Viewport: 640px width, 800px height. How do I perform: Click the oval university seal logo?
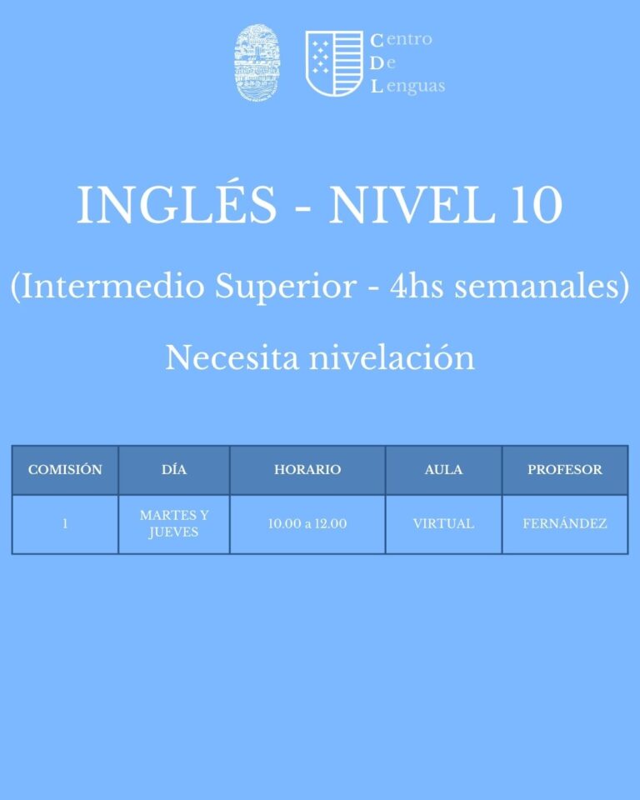pyautogui.click(x=257, y=62)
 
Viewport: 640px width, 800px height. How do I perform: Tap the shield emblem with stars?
pyautogui.click(x=334, y=63)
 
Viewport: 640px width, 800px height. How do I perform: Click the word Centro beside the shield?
pyautogui.click(x=401, y=39)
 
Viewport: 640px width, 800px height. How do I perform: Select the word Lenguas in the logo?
pyautogui.click(x=407, y=86)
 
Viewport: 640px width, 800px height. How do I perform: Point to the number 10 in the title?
pyautogui.click(x=537, y=205)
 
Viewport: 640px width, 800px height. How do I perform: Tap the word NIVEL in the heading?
pyautogui.click(x=412, y=205)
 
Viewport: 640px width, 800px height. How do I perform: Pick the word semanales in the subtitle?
pyautogui.click(x=537, y=286)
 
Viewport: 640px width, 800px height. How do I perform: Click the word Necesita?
pyautogui.click(x=232, y=357)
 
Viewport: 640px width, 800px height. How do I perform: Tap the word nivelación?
pyautogui.click(x=392, y=357)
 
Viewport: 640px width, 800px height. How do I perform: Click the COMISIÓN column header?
pyautogui.click(x=65, y=469)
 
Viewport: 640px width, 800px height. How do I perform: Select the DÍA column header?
pyautogui.click(x=174, y=469)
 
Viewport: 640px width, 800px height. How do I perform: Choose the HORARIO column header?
pyautogui.click(x=307, y=469)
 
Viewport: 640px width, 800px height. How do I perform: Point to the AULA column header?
pyautogui.click(x=443, y=469)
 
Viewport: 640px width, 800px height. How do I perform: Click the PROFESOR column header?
pyautogui.click(x=565, y=469)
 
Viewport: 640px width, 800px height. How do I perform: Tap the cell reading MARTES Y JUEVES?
pyautogui.click(x=174, y=523)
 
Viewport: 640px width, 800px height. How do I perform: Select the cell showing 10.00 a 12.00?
pyautogui.click(x=307, y=523)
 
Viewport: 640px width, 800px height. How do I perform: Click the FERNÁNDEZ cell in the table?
pyautogui.click(x=565, y=523)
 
